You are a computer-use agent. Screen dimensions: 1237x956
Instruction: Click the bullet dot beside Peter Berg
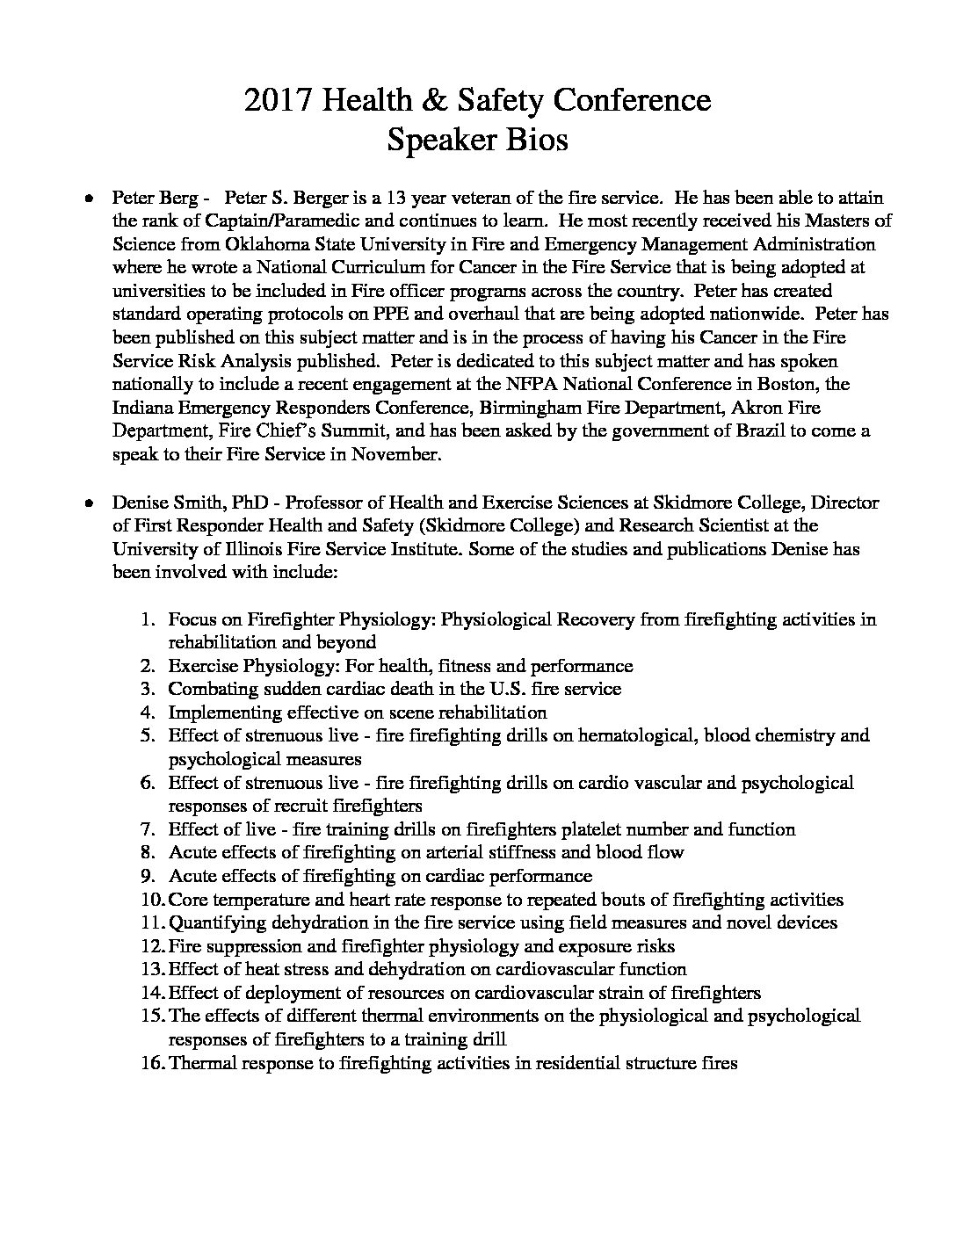[91, 199]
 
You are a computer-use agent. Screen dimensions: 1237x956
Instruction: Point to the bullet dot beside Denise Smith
[91, 504]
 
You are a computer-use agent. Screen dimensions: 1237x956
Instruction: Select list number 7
[148, 829]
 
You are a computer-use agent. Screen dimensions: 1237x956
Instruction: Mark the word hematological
[641, 735]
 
